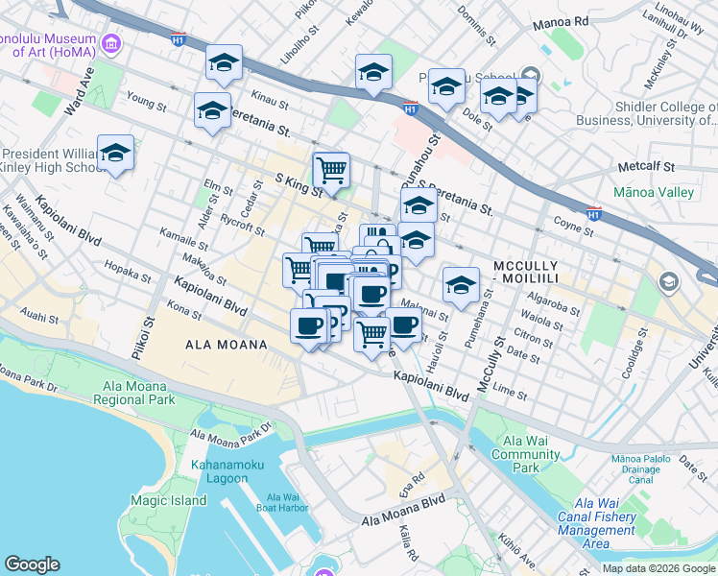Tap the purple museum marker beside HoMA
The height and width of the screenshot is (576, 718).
click(x=112, y=43)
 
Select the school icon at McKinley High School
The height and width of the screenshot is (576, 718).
click(x=115, y=154)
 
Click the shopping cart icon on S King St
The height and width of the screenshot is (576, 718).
click(x=331, y=171)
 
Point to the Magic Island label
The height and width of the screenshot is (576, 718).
click(x=169, y=500)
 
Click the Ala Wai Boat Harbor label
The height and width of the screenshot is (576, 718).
click(x=279, y=502)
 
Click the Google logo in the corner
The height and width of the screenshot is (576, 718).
click(x=33, y=564)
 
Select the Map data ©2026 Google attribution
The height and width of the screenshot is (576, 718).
click(x=658, y=568)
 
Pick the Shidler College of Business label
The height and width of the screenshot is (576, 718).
click(x=645, y=113)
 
